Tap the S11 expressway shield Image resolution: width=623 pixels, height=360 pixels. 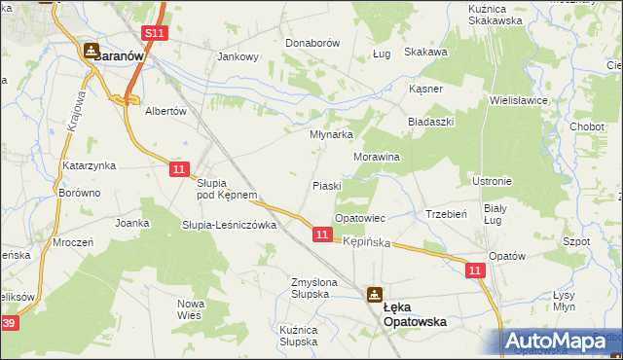(156, 32)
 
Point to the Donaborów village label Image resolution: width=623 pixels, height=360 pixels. (311, 44)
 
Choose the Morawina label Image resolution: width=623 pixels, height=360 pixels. (377, 156)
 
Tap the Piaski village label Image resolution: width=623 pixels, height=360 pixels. (326, 185)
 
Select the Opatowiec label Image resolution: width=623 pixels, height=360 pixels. (360, 219)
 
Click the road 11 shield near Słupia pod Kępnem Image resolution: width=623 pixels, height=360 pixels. (178, 168)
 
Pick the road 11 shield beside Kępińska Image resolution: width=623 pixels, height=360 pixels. (322, 235)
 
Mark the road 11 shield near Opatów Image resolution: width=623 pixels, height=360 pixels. (475, 271)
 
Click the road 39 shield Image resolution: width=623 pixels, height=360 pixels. (9, 323)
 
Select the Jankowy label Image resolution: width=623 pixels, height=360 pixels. (238, 56)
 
